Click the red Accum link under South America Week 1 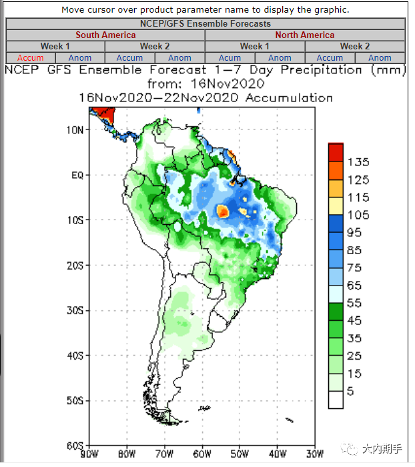[x=31, y=58]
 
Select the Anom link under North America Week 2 [x=380, y=58]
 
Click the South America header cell [x=105, y=35]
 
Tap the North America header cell [x=304, y=35]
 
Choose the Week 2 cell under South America [x=155, y=47]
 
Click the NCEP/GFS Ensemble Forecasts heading [x=205, y=23]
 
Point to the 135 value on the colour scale [x=358, y=162]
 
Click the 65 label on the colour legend [x=355, y=286]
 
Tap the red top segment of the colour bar [x=336, y=151]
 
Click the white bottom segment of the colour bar [x=336, y=399]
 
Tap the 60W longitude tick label [x=201, y=454]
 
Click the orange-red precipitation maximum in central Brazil [x=224, y=211]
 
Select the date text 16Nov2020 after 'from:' [x=228, y=84]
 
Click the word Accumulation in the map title [x=288, y=98]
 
